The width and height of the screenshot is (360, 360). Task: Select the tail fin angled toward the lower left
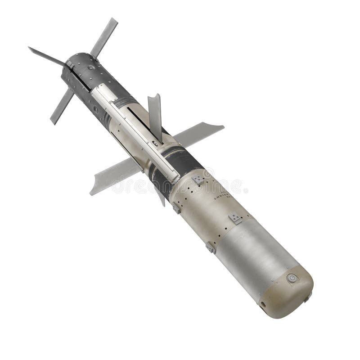coord(62,106)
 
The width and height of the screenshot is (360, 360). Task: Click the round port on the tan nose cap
coord(292,278)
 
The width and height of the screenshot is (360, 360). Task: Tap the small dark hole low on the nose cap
coord(263,305)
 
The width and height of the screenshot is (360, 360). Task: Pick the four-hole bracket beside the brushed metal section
coord(235,218)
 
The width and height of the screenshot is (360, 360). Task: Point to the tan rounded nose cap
coord(288,292)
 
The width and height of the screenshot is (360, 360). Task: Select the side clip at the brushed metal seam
coord(211,247)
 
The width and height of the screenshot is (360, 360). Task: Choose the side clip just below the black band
coord(176,208)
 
